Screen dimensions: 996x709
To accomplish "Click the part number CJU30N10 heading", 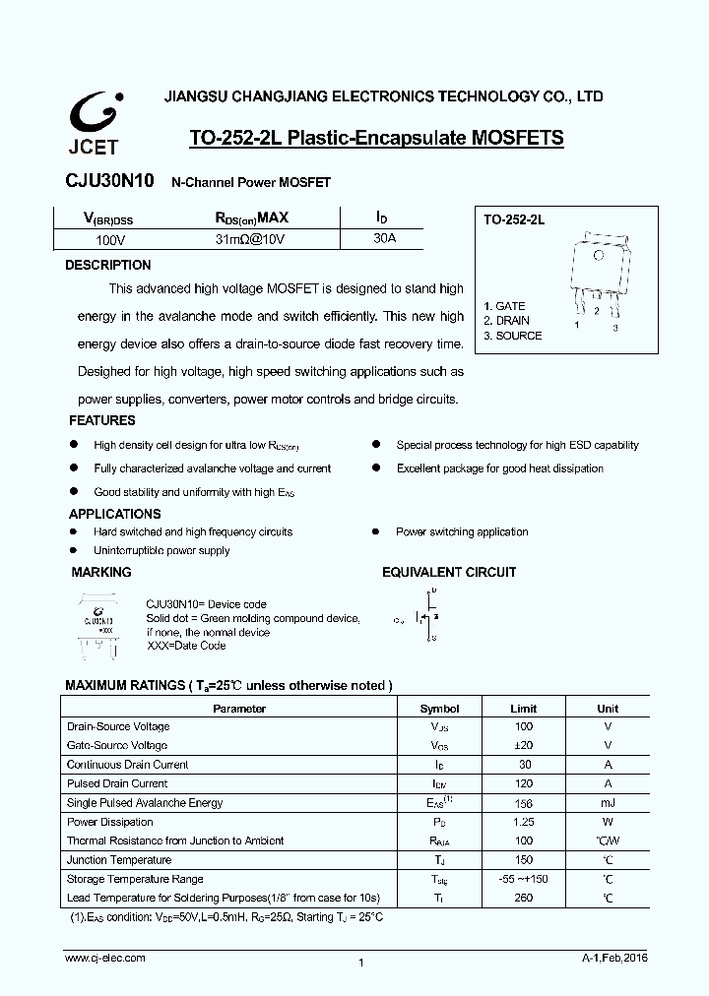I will point(108,182).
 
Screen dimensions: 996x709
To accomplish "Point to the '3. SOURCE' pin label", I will point(512,336).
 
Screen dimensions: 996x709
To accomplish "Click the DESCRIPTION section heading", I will point(108,265).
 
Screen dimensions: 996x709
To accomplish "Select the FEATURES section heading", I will point(102,420).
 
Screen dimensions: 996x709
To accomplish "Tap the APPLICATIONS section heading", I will point(114,514).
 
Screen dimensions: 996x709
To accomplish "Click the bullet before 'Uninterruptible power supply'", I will point(73,550).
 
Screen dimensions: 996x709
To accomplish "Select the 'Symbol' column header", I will point(439,709).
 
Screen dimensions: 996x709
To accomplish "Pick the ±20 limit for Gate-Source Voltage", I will point(523,746).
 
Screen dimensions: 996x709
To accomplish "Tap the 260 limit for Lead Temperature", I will point(523,898).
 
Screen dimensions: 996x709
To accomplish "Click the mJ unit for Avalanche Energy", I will point(608,803).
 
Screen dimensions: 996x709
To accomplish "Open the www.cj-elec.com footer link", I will point(105,958).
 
